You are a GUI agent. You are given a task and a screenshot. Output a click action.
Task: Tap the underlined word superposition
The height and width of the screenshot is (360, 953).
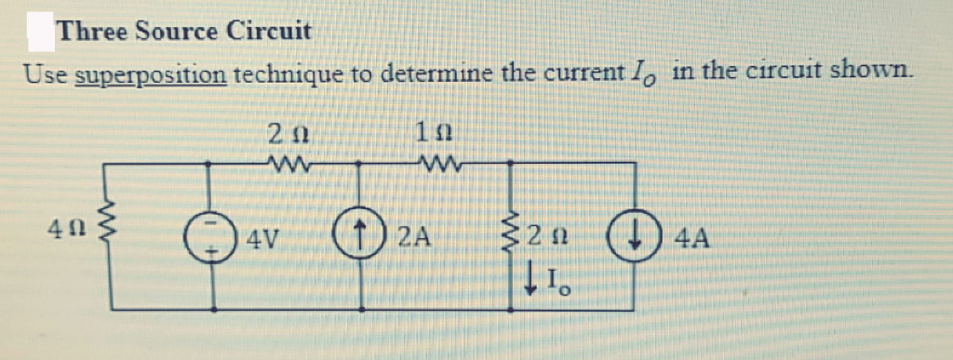(150, 73)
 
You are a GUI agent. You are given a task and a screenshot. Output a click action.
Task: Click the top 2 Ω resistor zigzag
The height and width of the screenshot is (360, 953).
(280, 167)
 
